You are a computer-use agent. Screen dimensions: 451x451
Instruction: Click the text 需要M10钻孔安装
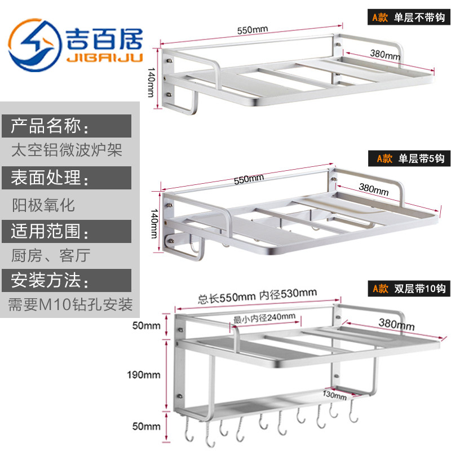pyautogui.click(x=70, y=305)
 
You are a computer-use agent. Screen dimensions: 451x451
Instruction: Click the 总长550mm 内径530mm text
pyautogui.click(x=257, y=294)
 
